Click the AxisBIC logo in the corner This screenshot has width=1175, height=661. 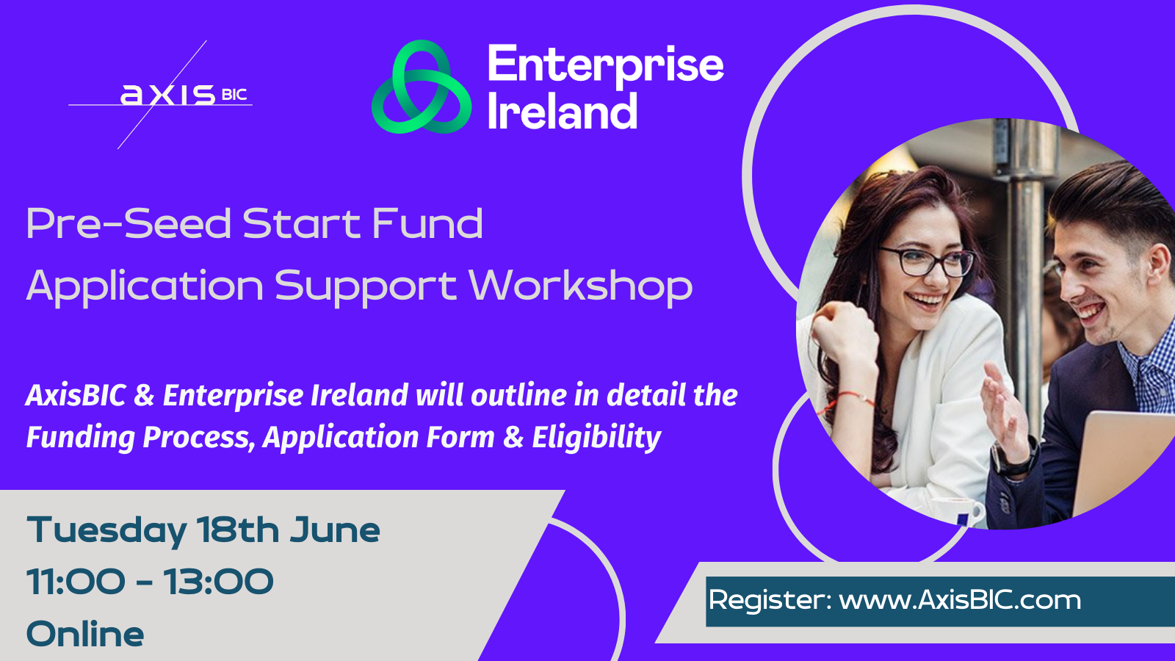pos(160,95)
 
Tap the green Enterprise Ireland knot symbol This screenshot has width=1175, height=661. pos(422,87)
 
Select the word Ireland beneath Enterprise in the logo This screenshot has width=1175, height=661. pos(563,111)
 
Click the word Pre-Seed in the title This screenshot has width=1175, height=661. pos(129,224)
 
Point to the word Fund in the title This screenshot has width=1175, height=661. pos(427,223)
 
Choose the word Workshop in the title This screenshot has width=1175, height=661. pos(581,286)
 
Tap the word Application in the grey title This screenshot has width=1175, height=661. pos(145,287)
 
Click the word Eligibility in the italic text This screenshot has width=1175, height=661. pos(596,438)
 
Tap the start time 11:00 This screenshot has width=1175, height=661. pos(76,582)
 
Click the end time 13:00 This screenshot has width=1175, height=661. pos(217,582)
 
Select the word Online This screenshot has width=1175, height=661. pos(85,634)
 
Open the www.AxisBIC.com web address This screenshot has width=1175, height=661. pos(960,599)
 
